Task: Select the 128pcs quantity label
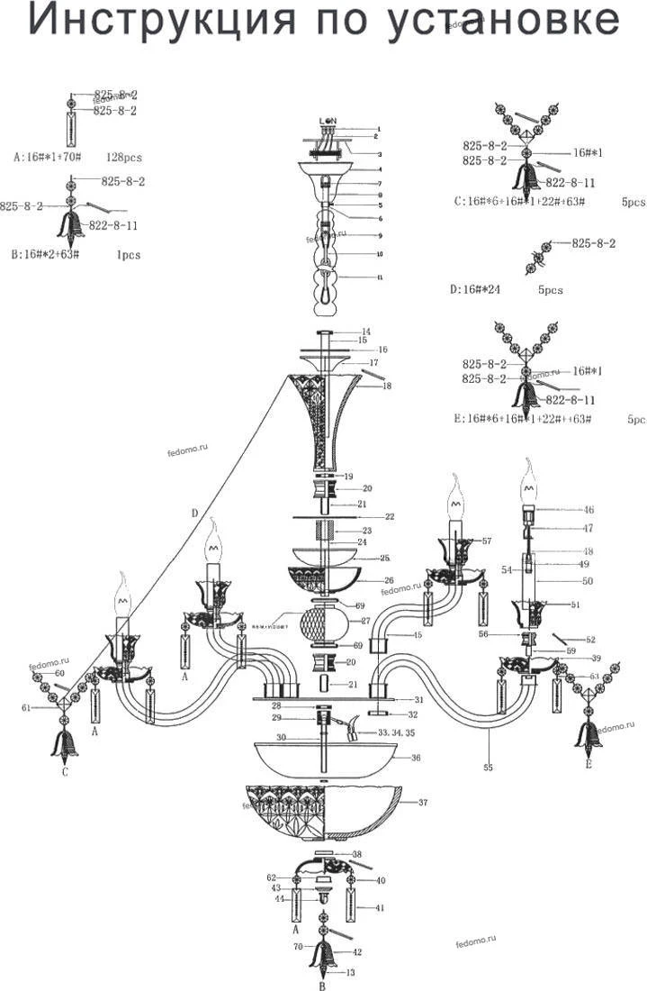124,157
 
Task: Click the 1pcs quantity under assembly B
128,255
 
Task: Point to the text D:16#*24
480,290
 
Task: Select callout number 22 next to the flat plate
391,517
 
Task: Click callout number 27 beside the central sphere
365,621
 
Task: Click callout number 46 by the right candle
589,510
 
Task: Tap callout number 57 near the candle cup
486,541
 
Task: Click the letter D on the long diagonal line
193,513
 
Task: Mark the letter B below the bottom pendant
323,986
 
